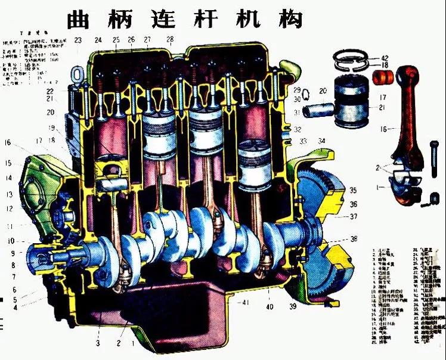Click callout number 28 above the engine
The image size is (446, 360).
(170, 40)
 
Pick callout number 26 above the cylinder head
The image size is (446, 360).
(131, 40)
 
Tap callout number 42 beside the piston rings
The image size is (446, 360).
(384, 58)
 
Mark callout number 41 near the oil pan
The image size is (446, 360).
(244, 303)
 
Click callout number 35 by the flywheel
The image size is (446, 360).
(353, 191)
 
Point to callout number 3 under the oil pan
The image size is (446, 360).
(97, 343)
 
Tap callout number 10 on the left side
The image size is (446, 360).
(11, 241)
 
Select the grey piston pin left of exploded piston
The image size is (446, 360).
(315, 111)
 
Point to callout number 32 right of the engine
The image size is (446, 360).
(298, 129)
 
